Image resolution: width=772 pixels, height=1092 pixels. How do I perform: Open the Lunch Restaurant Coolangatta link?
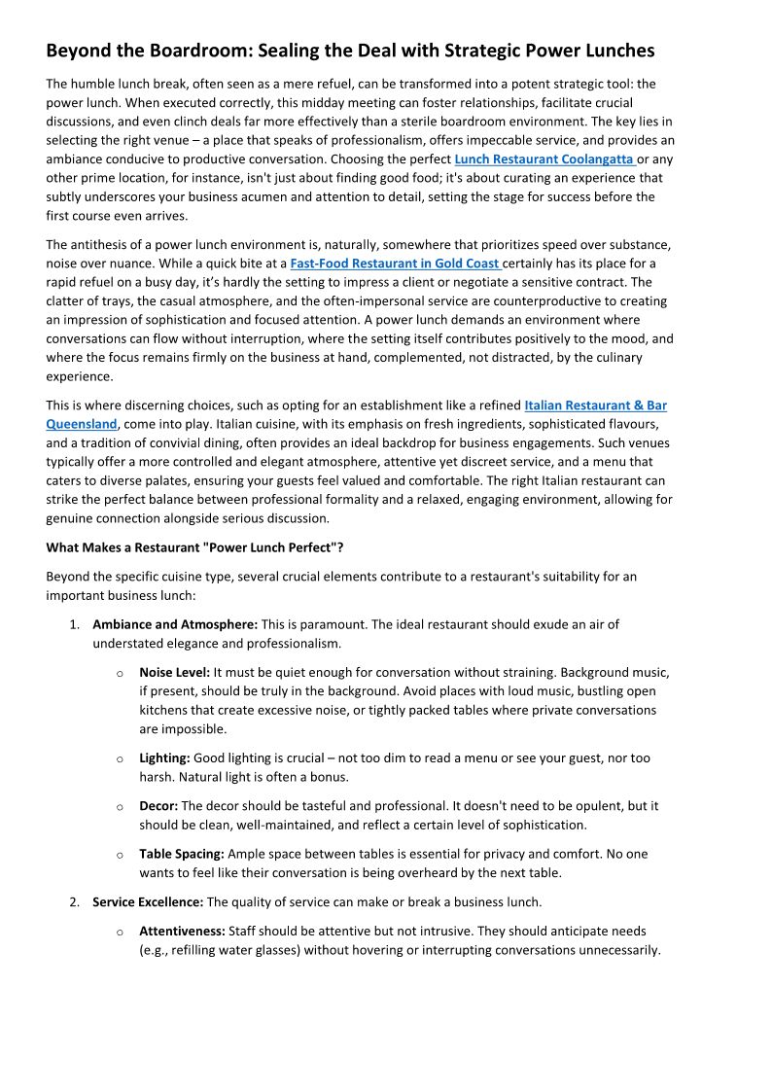point(544,159)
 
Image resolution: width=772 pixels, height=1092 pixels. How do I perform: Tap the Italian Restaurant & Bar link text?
point(595,405)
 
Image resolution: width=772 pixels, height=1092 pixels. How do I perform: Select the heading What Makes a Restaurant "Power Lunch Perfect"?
point(194,547)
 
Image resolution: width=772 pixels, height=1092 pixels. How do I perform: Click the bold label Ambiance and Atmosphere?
point(175,624)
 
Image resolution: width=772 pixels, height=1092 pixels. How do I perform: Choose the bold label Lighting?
point(164,757)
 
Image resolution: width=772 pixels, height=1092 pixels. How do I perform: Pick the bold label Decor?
point(158,806)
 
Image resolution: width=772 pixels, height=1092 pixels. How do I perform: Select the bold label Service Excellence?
point(148,902)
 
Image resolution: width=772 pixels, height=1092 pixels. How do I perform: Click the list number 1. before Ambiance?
point(74,624)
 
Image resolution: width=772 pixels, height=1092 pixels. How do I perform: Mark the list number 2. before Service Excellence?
point(74,902)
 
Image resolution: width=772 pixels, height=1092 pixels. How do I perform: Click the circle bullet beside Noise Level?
point(120,673)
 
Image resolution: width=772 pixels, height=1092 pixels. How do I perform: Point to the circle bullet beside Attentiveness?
point(120,932)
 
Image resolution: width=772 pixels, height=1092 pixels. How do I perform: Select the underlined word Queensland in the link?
point(82,424)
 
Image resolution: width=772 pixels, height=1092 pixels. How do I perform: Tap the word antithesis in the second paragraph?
point(102,244)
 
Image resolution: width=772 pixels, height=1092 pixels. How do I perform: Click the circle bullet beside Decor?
point(120,807)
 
